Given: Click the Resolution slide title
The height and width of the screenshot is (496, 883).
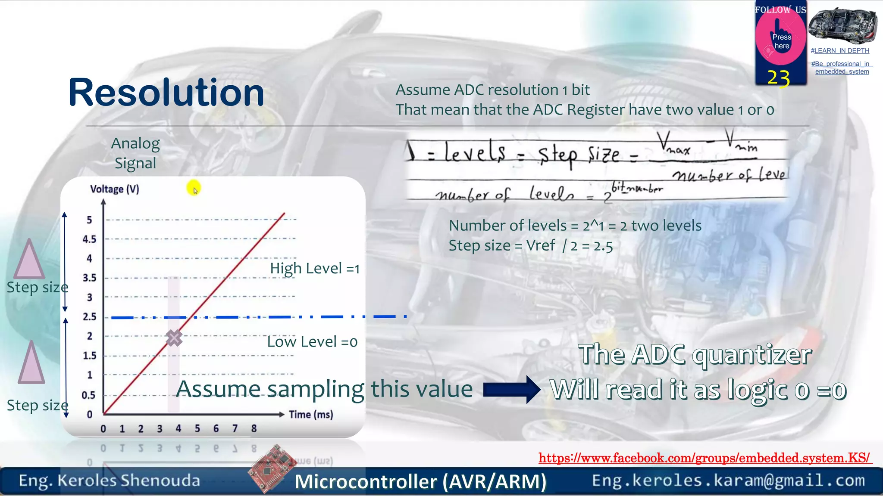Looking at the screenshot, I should point(166,93).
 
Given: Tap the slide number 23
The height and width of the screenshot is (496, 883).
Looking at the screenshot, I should point(779,78).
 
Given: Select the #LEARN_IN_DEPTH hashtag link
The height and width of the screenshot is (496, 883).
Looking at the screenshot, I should point(840,51).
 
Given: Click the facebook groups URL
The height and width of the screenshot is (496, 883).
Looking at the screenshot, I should point(705,458).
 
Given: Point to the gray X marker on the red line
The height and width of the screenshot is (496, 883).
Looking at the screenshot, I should point(174,338).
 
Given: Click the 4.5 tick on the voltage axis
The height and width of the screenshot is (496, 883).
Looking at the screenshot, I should point(89,239).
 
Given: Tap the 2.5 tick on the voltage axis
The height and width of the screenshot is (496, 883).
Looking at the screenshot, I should point(89,317).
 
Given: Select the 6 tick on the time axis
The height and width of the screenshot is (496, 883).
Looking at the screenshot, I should point(216,428).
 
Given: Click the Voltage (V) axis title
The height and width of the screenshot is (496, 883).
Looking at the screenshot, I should point(115,189).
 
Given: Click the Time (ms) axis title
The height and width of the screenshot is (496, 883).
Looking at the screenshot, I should point(311,415).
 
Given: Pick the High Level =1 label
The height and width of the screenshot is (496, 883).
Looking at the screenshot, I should point(315,269).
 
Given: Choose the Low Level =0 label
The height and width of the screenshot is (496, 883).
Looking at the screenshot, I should point(312,342).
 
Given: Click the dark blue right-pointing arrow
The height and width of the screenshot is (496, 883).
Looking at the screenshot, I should point(511,390).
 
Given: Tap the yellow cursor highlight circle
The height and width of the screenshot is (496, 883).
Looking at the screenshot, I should point(194,188).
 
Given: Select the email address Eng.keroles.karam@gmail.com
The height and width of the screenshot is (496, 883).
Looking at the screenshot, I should point(728,480).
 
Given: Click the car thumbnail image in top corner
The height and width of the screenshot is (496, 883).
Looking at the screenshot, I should point(842,26).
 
